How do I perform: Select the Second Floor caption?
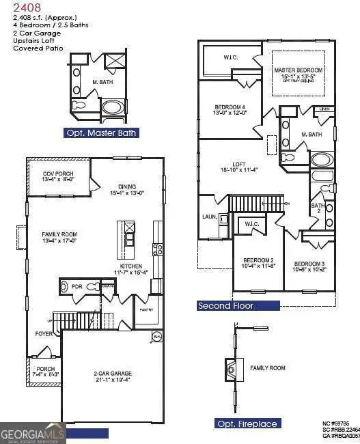tap(226, 306)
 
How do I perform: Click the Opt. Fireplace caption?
tap(247, 424)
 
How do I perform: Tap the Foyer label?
tap(44, 334)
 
